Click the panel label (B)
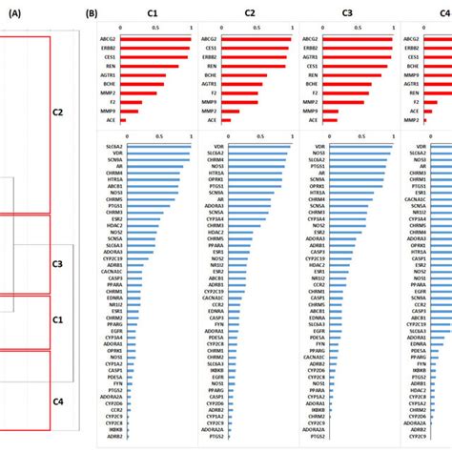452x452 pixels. tap(93, 15)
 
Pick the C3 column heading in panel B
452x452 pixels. tap(349, 14)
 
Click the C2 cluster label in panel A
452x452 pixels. tap(57, 112)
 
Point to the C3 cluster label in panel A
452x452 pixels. tap(57, 264)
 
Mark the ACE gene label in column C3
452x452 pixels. tap(315, 121)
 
